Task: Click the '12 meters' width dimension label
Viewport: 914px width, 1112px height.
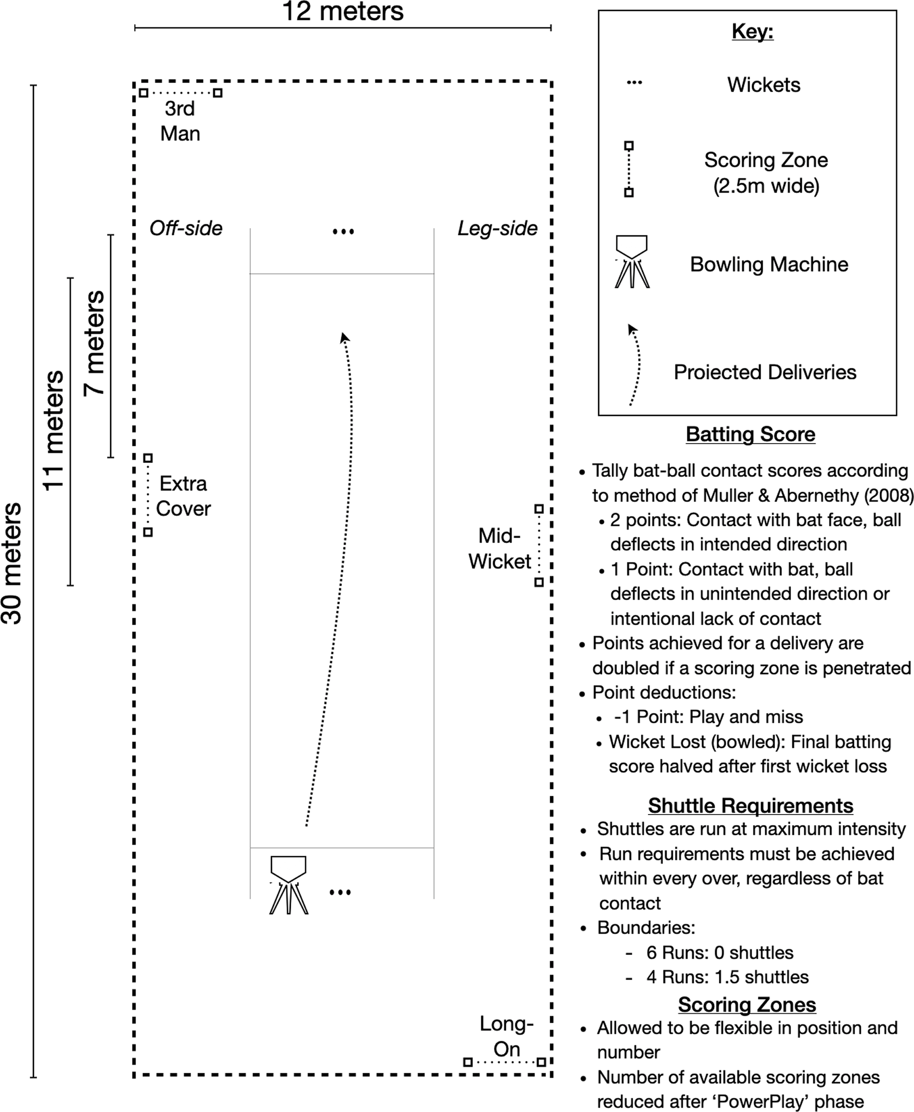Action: coord(343,11)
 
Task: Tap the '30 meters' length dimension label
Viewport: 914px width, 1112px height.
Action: coord(11,563)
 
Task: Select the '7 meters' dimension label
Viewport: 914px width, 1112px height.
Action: coord(95,343)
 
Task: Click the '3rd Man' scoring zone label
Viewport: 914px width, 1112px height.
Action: coord(180,121)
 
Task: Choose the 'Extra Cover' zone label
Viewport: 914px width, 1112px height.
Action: coord(183,496)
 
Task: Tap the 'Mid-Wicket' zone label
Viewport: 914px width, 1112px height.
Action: coord(499,548)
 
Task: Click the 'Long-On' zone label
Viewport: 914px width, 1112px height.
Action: coord(506,1036)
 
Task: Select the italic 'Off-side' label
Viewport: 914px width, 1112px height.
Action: coord(186,229)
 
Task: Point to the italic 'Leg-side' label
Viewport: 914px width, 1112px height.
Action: coord(497,229)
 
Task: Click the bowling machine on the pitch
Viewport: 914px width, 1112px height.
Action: coord(289,884)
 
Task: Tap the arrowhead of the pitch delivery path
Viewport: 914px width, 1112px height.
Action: coord(345,337)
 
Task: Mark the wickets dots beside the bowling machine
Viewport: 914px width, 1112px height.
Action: coord(340,892)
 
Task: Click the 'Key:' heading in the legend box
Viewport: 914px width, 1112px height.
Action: coord(752,32)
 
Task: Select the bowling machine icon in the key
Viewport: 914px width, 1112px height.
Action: coord(632,261)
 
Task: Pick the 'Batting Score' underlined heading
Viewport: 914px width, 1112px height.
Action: coord(750,434)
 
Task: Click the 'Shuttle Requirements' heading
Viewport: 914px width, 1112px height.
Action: coord(750,806)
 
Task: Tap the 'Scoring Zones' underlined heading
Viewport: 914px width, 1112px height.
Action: coord(747,1004)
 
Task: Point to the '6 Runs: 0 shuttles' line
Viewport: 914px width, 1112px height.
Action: coord(720,952)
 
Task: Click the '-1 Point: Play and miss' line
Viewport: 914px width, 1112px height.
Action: coord(708,717)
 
